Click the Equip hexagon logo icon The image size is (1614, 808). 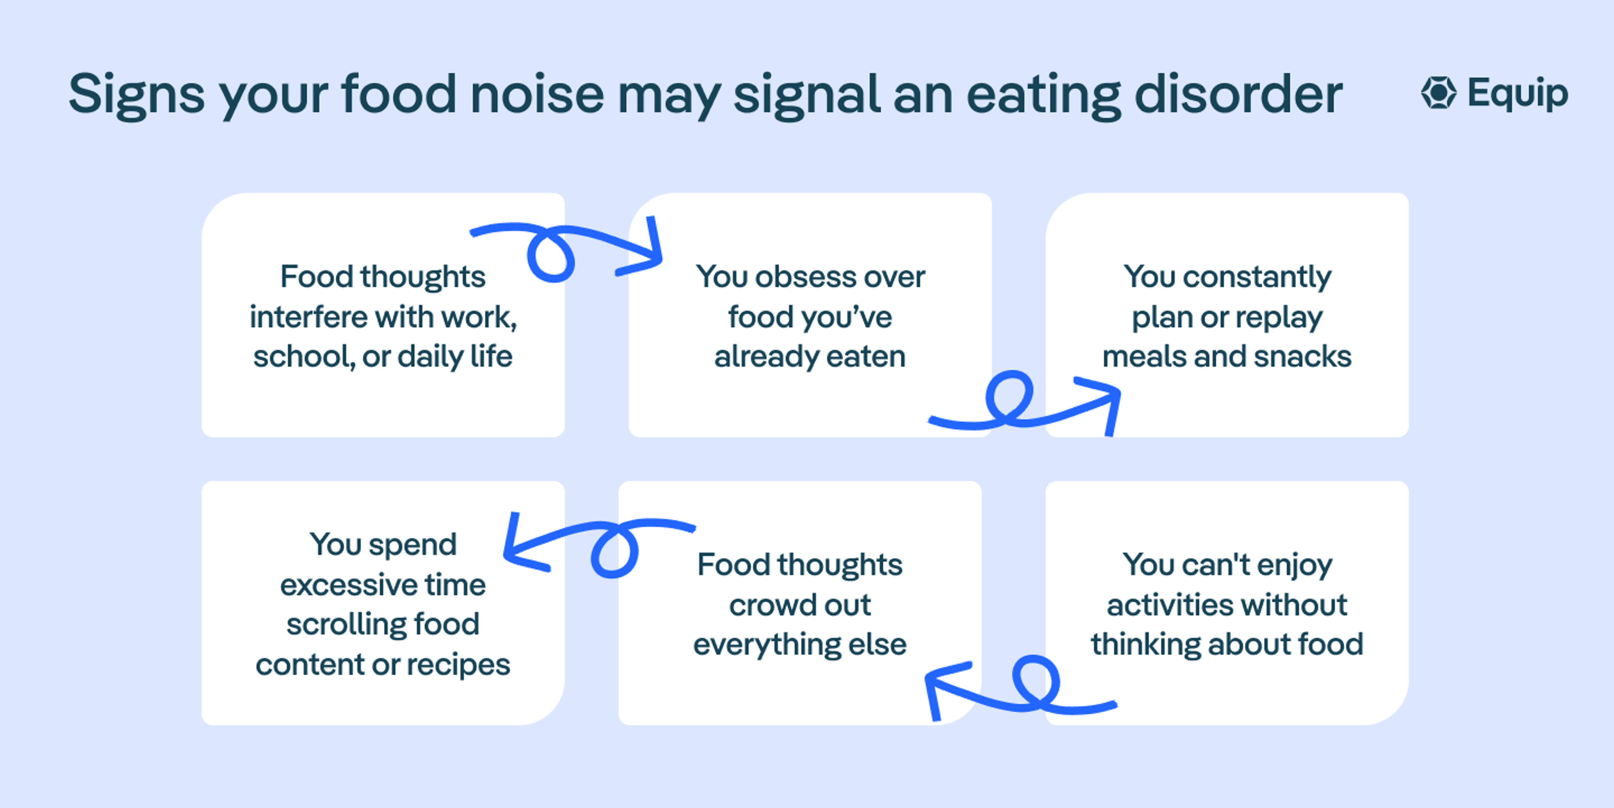[x=1439, y=93]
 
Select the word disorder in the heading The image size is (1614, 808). [x=1238, y=94]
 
